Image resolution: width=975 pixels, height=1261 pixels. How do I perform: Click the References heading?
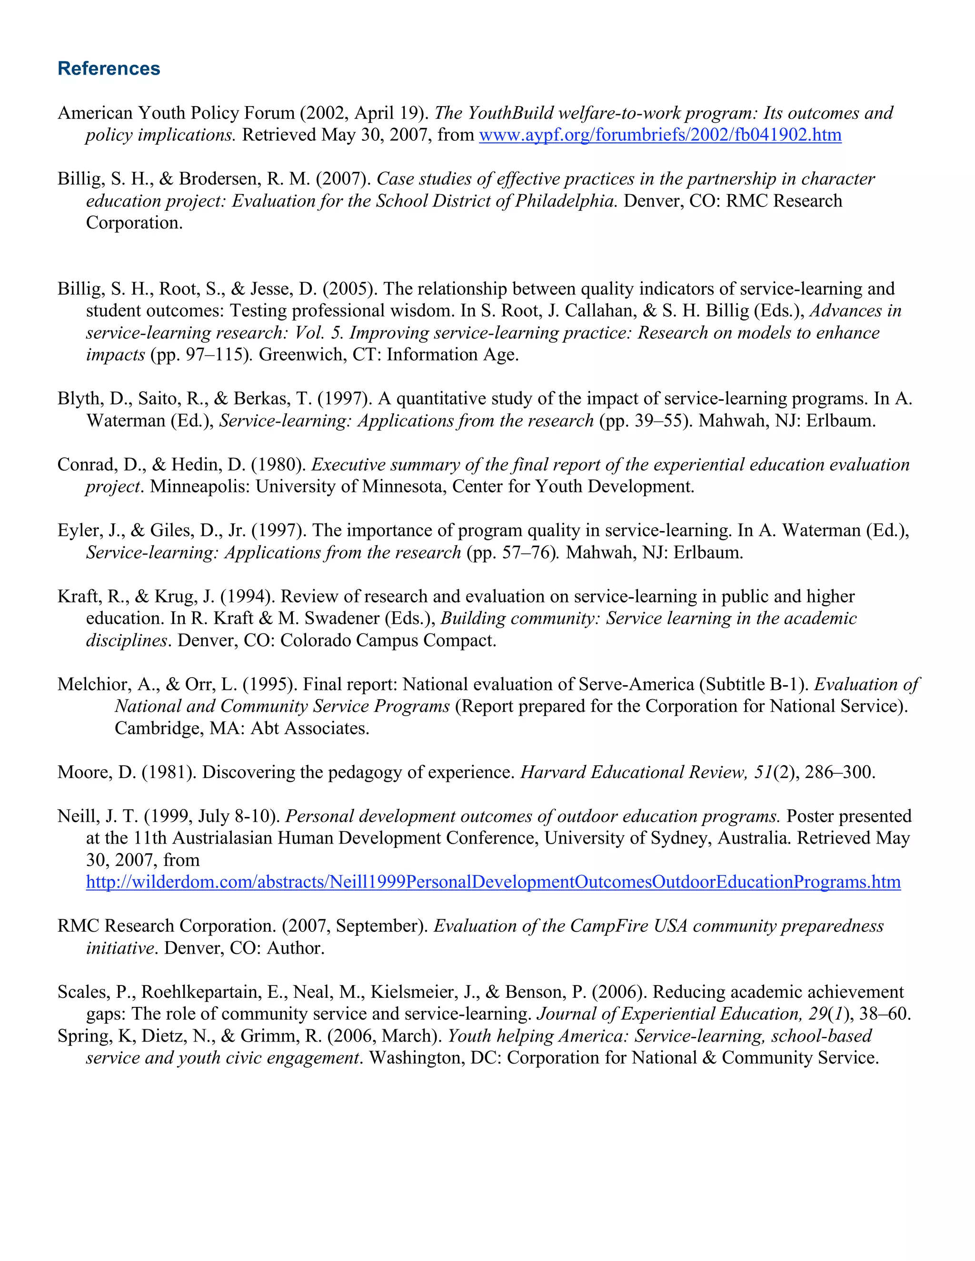109,68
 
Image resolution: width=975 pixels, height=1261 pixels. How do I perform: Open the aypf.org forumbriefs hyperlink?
660,135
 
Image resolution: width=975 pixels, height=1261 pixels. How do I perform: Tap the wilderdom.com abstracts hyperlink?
493,882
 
